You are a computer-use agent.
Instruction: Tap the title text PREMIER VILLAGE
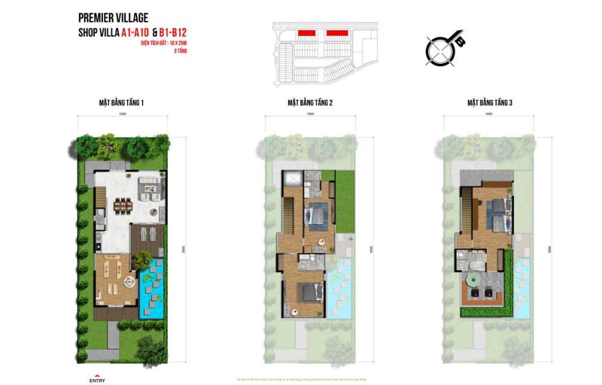pyautogui.click(x=113, y=19)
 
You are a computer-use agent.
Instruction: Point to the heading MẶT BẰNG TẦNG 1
pyautogui.click(x=122, y=103)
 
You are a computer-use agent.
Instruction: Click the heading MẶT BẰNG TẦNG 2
pyautogui.click(x=310, y=103)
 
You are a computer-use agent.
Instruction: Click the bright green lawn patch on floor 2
pyautogui.click(x=344, y=202)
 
